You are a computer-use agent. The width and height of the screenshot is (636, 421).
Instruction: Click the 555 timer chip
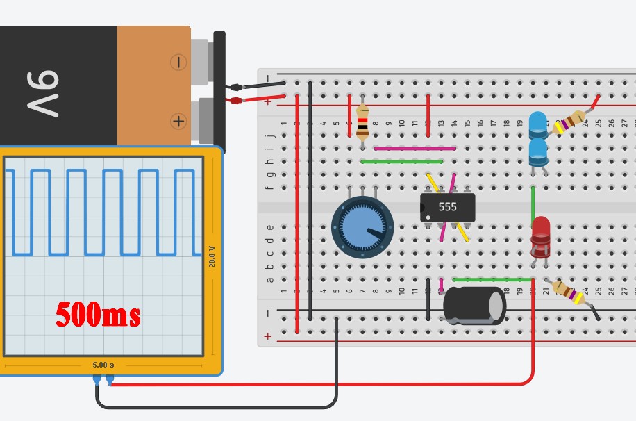coord(448,207)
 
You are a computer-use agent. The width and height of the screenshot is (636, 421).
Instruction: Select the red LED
coord(540,236)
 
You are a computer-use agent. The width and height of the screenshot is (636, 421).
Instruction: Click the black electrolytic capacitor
coord(474,304)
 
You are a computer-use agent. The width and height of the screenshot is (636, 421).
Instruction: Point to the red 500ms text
coord(98,315)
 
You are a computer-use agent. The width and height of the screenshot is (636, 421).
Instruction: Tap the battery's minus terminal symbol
coord(178,63)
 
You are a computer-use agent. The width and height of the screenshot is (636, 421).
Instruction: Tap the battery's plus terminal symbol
coord(178,122)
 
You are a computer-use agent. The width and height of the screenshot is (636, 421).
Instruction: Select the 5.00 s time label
coord(103,364)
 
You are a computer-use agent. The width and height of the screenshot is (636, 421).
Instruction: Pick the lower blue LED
coord(538,152)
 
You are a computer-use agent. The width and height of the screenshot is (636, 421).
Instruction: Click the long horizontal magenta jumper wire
coord(415,148)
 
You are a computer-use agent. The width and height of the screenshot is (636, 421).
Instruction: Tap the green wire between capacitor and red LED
coord(492,279)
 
